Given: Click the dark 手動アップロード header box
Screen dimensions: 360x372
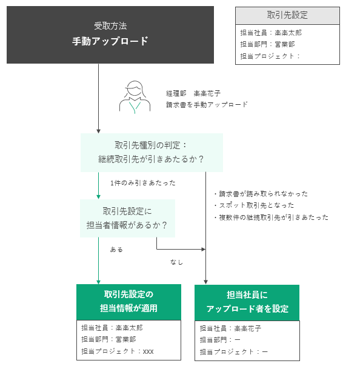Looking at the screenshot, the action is (110, 35).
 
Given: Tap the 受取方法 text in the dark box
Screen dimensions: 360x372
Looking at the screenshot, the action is (110, 26).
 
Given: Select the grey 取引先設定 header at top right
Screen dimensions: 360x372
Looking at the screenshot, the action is (287, 15).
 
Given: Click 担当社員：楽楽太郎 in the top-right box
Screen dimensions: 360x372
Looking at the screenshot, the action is (271, 33).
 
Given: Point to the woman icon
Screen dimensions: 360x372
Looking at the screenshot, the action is (135, 97).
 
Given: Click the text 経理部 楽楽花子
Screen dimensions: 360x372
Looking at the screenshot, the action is (193, 93).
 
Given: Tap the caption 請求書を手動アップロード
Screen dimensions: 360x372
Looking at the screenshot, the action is (207, 105).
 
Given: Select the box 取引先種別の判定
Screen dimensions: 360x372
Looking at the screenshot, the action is (152, 153).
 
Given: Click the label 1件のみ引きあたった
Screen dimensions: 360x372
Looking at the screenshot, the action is (143, 183).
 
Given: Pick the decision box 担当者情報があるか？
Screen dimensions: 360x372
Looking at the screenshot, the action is (127, 218).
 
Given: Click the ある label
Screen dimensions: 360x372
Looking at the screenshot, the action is (116, 250).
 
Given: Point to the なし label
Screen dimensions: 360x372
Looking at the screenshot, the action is (176, 262).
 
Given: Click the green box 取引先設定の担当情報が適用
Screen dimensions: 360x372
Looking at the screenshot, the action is (128, 302).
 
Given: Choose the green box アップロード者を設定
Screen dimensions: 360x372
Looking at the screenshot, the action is (247, 303).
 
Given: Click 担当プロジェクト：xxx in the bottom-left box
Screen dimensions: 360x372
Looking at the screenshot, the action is (117, 351).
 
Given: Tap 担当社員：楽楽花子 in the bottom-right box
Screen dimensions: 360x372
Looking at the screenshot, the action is (230, 328).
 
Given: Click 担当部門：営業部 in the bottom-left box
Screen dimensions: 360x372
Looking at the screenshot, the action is (108, 339).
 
